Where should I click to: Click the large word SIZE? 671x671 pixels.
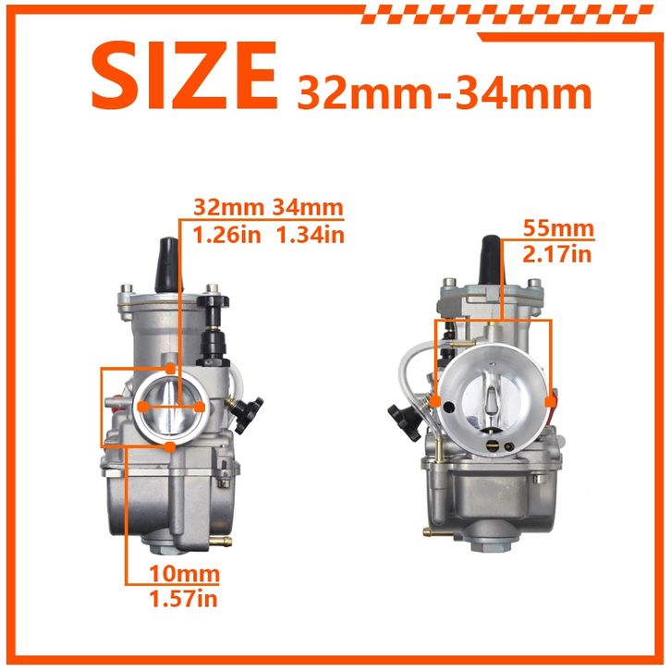[185, 76]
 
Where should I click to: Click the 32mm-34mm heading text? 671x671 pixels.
[445, 92]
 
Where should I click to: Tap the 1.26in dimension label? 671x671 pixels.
[226, 235]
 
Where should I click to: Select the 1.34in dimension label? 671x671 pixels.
[311, 235]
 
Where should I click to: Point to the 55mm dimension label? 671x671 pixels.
[559, 228]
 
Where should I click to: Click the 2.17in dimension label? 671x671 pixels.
[557, 254]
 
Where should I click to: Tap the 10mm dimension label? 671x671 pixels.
[185, 574]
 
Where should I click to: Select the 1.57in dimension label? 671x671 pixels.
[184, 598]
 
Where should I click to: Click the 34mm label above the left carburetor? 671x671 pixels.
[308, 208]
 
